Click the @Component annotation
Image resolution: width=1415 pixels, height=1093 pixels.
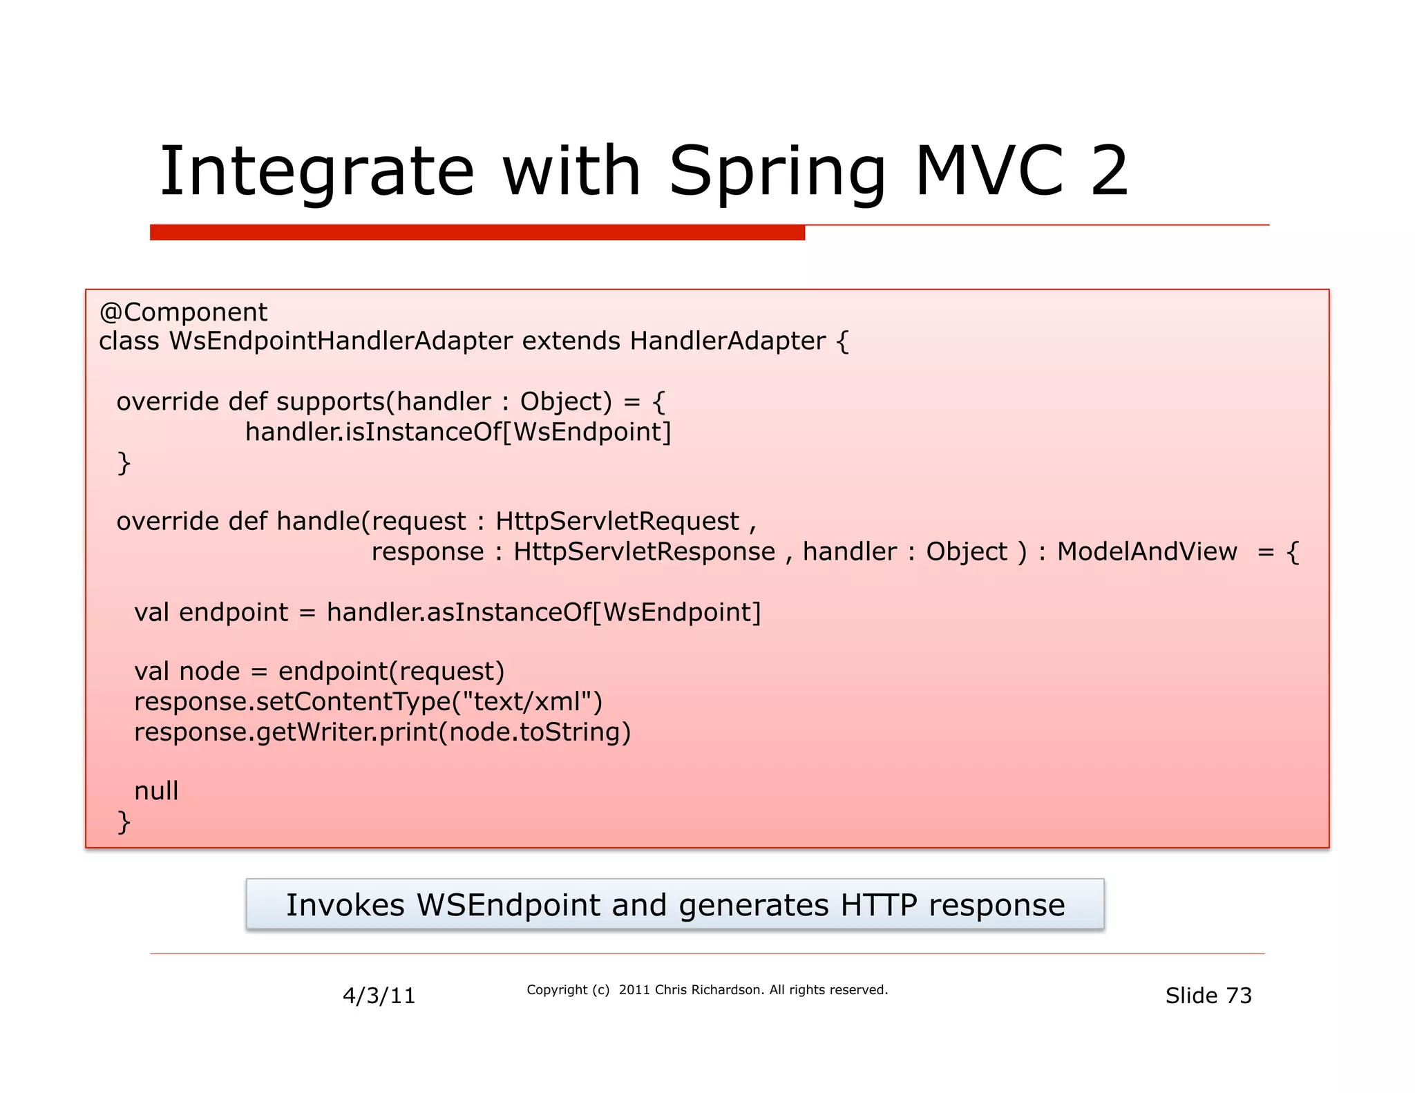(183, 312)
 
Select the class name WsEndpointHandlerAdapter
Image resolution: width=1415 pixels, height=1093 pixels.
(341, 341)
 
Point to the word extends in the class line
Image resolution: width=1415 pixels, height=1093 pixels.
(571, 341)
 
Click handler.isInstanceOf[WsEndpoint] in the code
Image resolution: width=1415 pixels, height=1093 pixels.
(458, 432)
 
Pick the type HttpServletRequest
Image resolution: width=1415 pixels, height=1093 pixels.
(617, 521)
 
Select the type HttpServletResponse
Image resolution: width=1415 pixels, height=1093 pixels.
(644, 551)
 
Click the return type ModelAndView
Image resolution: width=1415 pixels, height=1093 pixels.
(1147, 551)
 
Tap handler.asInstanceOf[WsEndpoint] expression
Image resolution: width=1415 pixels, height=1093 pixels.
(543, 612)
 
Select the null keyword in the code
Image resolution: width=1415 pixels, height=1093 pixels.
(156, 791)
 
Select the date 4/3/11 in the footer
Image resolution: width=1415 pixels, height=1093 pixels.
(379, 996)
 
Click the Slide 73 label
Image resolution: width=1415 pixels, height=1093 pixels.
(1208, 996)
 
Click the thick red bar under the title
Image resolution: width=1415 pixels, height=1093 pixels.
(477, 233)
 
